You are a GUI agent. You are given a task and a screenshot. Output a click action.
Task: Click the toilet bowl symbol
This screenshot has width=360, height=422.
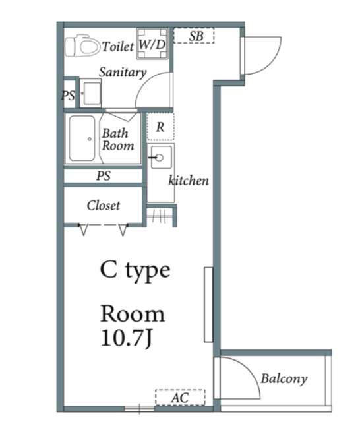click(82, 45)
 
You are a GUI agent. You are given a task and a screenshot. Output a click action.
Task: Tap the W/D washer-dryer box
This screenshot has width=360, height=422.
click(152, 44)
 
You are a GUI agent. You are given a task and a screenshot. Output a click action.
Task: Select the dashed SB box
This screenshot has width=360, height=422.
click(194, 36)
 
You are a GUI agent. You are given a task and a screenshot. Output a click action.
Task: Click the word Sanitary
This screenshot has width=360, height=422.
click(123, 72)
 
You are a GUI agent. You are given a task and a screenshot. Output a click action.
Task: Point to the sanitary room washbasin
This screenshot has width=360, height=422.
click(91, 93)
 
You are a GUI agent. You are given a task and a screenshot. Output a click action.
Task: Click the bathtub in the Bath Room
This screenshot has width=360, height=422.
click(82, 138)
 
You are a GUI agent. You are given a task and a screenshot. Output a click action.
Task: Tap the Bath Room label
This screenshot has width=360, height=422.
click(117, 139)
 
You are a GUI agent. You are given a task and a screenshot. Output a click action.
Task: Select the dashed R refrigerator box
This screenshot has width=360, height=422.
click(161, 127)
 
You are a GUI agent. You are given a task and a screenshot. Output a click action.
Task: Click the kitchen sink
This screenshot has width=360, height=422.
click(161, 157)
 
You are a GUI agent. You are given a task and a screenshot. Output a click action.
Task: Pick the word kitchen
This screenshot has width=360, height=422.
click(189, 181)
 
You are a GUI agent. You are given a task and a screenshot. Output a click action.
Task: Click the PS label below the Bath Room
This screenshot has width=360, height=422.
click(104, 176)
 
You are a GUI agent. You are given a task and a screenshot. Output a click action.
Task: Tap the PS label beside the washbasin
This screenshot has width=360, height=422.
click(68, 96)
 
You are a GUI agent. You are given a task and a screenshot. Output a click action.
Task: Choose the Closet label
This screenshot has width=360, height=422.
click(104, 206)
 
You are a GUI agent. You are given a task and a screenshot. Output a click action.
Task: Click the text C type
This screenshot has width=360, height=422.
click(135, 270)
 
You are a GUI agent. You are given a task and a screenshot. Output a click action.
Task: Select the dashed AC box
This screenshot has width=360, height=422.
click(180, 397)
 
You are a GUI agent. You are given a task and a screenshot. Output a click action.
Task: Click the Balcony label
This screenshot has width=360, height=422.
click(284, 378)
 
